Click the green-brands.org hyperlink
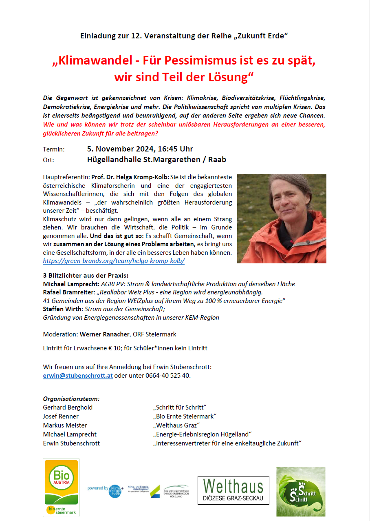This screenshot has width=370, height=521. click(x=114, y=260)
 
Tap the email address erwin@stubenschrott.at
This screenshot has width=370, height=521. click(x=78, y=376)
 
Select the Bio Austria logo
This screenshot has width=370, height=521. click(x=62, y=487)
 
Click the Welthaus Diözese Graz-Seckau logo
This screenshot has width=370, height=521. click(x=233, y=490)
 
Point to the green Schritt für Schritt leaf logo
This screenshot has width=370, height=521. click(x=301, y=492)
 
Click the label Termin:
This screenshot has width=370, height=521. click(x=54, y=149)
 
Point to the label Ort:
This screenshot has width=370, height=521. click(x=48, y=160)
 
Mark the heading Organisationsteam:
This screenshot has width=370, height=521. click(x=71, y=399)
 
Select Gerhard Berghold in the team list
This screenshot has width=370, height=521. click(x=68, y=407)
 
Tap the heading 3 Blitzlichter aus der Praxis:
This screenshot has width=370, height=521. click(x=86, y=275)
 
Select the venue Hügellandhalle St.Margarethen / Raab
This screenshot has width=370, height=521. click(x=156, y=160)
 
